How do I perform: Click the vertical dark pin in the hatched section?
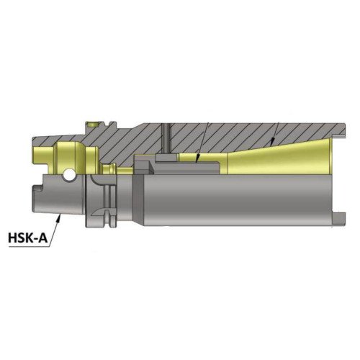click(164, 140)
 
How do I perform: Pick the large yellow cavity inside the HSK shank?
click(68, 154)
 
